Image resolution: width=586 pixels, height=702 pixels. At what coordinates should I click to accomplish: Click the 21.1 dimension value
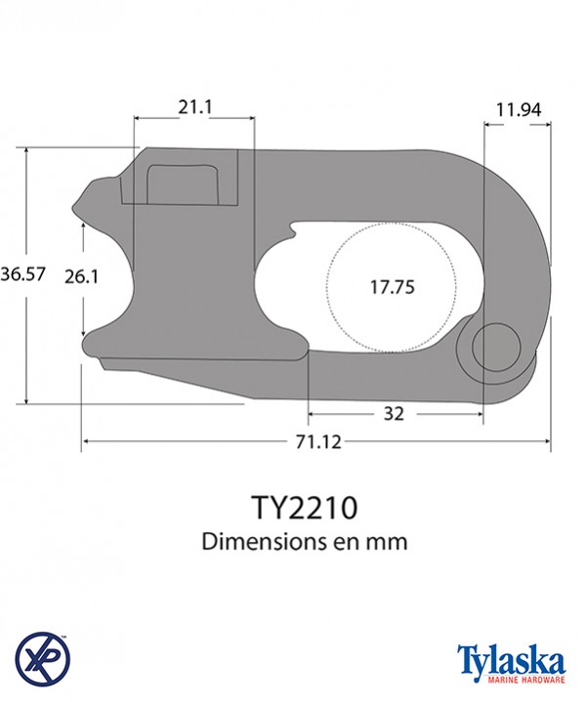point(193,106)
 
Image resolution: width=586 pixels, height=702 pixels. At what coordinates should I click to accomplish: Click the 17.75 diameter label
point(393,287)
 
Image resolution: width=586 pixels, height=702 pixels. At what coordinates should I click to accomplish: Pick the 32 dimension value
point(394,414)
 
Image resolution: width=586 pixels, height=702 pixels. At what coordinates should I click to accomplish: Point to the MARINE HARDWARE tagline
point(509,679)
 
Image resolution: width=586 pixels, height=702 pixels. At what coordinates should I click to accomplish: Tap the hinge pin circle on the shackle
point(494,348)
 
